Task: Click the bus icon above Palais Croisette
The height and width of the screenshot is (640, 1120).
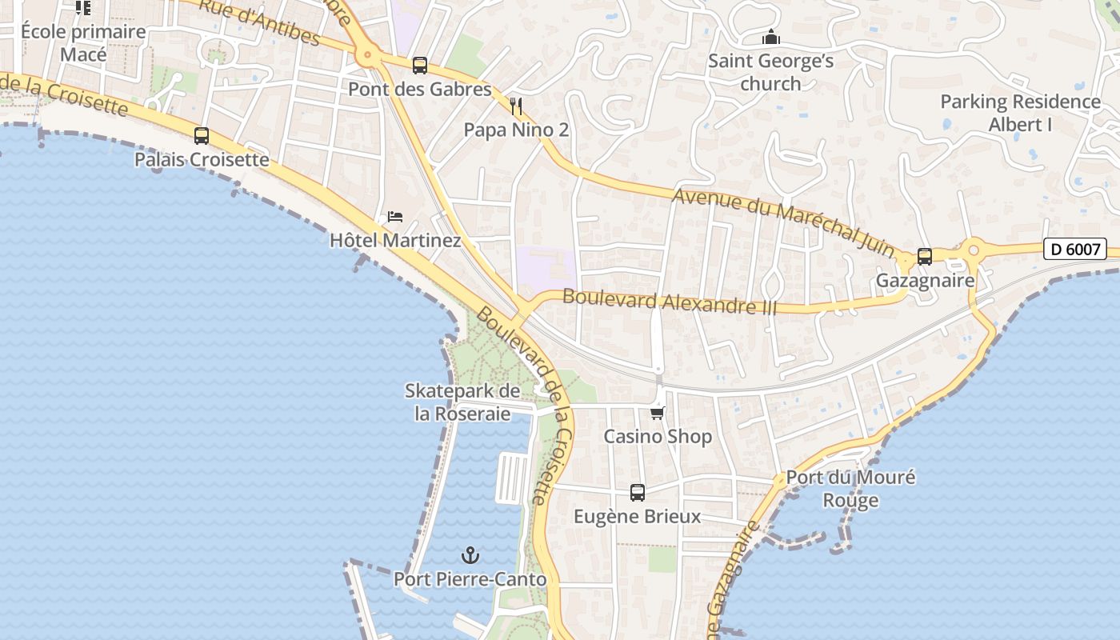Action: click(x=202, y=136)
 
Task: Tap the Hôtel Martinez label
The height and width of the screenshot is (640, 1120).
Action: click(x=395, y=240)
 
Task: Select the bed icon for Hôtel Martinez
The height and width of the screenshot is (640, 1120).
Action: click(x=395, y=217)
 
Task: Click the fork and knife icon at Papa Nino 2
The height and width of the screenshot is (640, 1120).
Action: click(x=516, y=106)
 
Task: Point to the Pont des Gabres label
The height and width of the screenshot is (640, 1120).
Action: click(x=419, y=89)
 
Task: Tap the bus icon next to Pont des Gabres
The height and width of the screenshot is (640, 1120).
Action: click(x=420, y=66)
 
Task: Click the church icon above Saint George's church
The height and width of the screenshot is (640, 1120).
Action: click(x=770, y=38)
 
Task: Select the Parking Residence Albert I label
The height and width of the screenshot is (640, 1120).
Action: click(x=1020, y=113)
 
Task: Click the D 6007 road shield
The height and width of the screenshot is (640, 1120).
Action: click(x=1074, y=250)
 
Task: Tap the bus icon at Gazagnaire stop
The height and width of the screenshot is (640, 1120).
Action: click(x=925, y=257)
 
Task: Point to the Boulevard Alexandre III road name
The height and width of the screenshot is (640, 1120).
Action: click(x=669, y=302)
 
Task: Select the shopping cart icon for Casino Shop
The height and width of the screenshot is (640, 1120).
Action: click(x=658, y=413)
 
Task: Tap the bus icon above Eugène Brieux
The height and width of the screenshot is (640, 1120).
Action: click(x=638, y=493)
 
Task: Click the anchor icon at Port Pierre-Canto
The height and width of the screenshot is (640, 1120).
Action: click(x=470, y=554)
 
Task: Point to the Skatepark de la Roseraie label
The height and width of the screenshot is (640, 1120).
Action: click(x=462, y=402)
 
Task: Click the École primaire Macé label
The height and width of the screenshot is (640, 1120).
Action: click(x=83, y=43)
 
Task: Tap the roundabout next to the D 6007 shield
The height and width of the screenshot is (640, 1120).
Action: click(x=974, y=250)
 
